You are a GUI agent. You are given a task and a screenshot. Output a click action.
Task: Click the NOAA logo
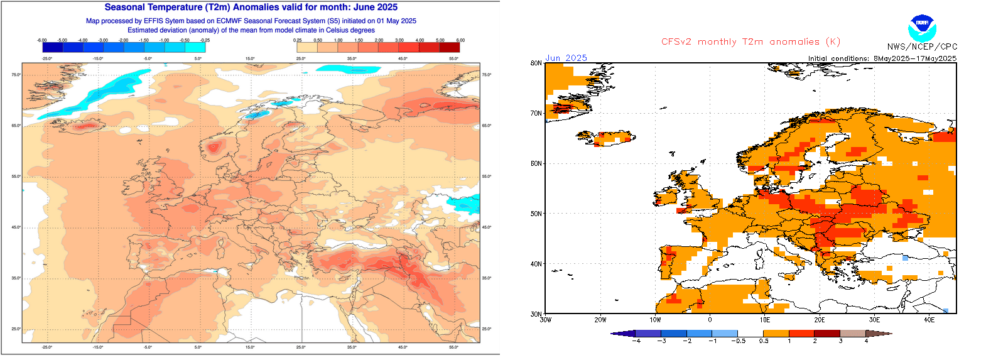click(x=921, y=26)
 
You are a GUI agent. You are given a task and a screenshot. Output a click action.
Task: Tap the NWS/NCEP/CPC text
click(x=922, y=47)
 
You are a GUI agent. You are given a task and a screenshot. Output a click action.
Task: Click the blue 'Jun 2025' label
click(x=566, y=58)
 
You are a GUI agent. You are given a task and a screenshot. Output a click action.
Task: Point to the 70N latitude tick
click(x=536, y=113)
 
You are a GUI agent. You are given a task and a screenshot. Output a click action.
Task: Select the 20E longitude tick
click(x=819, y=319)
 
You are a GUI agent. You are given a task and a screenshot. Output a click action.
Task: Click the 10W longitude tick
click(x=655, y=319)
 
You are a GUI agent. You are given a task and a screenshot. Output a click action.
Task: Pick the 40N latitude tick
click(x=536, y=264)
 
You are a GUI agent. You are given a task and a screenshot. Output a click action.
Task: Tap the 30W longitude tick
click(x=545, y=319)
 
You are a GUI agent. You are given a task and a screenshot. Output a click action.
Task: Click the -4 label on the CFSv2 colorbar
click(x=636, y=341)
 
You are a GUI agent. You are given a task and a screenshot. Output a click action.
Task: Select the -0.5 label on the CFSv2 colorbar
click(x=738, y=341)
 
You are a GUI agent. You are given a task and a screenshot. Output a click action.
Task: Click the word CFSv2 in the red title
click(x=677, y=42)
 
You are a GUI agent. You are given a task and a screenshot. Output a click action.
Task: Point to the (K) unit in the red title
click(x=833, y=42)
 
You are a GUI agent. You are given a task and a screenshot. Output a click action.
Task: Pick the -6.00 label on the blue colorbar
click(x=42, y=40)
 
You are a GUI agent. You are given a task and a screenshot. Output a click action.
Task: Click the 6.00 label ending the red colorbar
click(x=460, y=40)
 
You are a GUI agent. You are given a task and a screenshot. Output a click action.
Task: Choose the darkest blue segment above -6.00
click(x=52, y=47)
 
